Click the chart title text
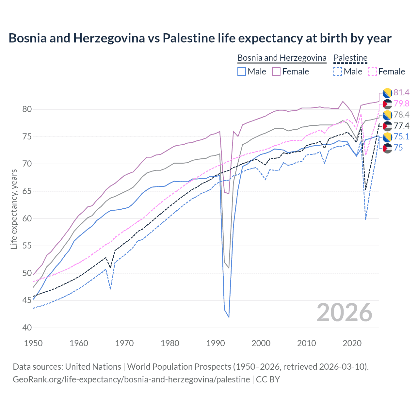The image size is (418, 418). tap(200, 38)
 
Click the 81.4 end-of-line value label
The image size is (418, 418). tap(401, 93)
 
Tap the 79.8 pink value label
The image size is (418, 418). tap(401, 104)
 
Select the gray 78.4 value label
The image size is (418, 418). tap(401, 115)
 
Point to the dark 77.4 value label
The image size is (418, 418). tap(401, 126)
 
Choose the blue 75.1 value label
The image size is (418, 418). tap(401, 137)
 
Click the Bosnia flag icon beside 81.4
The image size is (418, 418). tap(387, 93)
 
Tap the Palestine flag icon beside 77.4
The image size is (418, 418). tap(387, 126)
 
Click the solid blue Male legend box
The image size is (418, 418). tap(242, 72)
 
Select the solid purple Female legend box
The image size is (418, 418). tap(276, 72)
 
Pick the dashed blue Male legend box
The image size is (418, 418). tap(338, 72)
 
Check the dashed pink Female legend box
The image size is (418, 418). tap(372, 72)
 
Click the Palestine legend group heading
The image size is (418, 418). tap(350, 58)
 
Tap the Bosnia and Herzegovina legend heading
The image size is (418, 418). tap(282, 58)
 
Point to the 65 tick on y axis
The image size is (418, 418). tap(27, 191)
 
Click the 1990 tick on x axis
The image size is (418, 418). tap(216, 343)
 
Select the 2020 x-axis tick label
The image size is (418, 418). tap(352, 343)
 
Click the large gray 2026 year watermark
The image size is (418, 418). tap(345, 313)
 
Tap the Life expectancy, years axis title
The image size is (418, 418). tap(14, 209)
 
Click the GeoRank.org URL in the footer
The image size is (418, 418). tap(131, 379)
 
